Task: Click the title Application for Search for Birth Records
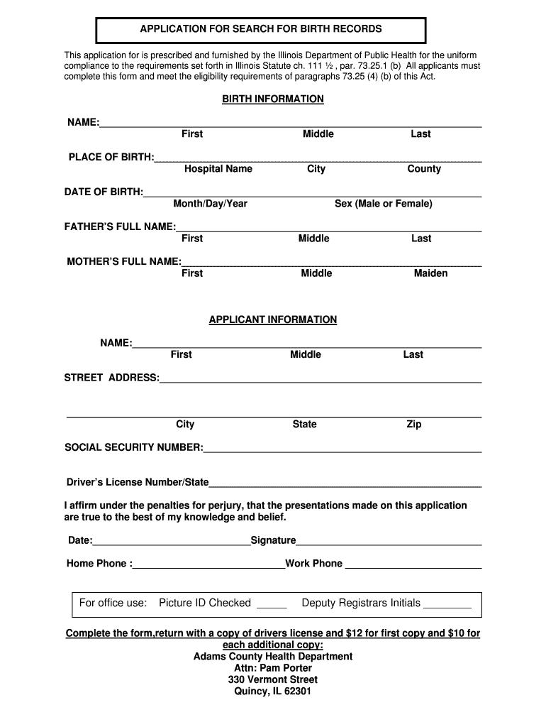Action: (260, 29)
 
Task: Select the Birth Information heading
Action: (273, 99)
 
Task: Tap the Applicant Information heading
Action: (273, 320)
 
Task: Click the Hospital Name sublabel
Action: (218, 169)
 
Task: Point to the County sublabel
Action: (424, 169)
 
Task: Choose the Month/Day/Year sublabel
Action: (210, 204)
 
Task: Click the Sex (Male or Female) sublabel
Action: (383, 204)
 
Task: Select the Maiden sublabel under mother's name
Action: (430, 273)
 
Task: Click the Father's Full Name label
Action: (120, 226)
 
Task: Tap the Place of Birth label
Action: (111, 157)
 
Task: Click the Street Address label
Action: (111, 378)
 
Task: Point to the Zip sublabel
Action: (413, 425)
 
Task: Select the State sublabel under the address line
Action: (304, 425)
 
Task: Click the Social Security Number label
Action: (133, 447)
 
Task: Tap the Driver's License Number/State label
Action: (138, 483)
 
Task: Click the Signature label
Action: (273, 541)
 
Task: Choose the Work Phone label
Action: (313, 564)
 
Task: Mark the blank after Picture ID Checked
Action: (271, 605)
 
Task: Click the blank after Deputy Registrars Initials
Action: (447, 605)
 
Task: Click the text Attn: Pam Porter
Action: (273, 668)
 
